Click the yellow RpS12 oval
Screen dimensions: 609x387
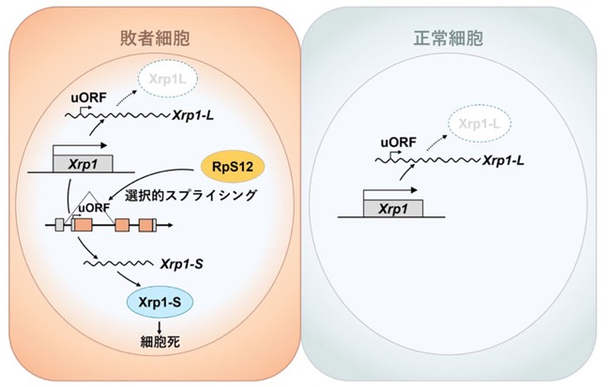pos(233,167)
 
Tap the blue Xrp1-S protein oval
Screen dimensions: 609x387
pos(160,302)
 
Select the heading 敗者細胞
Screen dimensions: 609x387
pos(155,38)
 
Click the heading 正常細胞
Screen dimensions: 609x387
pos(449,38)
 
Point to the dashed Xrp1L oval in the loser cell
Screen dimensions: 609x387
pos(168,79)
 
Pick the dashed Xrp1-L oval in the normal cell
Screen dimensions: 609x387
pos(480,124)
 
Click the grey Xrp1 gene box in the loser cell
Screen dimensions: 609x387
pos(83,164)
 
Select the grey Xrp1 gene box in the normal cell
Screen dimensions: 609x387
pos(392,209)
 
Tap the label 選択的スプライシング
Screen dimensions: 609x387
pos(190,195)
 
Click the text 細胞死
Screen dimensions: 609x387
pos(160,342)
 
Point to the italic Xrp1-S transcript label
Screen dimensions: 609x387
pos(182,264)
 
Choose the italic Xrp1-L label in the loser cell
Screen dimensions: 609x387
pos(193,115)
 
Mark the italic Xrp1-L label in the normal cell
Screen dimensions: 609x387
pos(503,160)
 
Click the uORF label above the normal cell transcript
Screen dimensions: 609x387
pos(399,142)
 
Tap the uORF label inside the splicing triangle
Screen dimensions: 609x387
pos(94,208)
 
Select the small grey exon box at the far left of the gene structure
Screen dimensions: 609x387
pos(59,225)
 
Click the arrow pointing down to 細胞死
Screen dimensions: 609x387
pos(160,326)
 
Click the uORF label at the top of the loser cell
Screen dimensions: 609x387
pos(88,97)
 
